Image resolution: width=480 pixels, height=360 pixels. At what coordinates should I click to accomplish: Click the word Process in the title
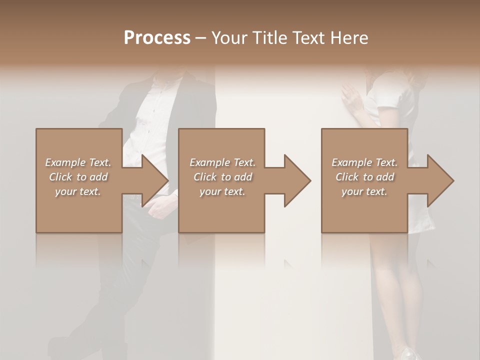157,38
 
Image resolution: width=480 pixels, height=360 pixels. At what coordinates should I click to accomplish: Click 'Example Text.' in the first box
78,162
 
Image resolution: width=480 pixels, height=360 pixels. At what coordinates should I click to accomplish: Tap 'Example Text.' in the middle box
222,162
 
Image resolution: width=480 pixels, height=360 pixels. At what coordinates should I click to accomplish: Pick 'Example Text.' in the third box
364,162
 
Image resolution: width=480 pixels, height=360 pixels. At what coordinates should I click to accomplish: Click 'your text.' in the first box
78,191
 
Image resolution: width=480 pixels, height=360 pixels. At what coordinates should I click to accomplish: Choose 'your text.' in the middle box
222,191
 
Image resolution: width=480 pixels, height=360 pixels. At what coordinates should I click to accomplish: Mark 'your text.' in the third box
364,191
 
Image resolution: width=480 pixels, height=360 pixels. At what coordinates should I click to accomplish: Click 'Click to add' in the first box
78,177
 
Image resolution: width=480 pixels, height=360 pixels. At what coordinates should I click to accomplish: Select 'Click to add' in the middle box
222,177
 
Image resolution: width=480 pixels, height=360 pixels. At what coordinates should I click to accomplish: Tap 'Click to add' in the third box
364,177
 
